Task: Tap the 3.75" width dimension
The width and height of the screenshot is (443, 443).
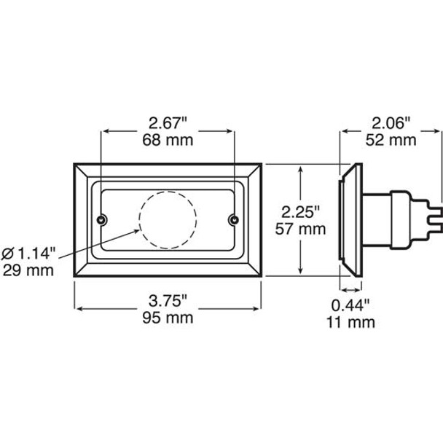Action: click(x=168, y=300)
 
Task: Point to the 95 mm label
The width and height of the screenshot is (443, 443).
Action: click(x=168, y=318)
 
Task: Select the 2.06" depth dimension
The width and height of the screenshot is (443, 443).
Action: click(x=392, y=122)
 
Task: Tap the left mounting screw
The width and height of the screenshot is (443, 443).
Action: click(x=102, y=220)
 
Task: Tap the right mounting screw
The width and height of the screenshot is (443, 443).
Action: click(x=234, y=220)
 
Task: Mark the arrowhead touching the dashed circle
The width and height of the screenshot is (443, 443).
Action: click(x=138, y=228)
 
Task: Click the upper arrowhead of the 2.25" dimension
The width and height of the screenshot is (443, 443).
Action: click(x=302, y=168)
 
